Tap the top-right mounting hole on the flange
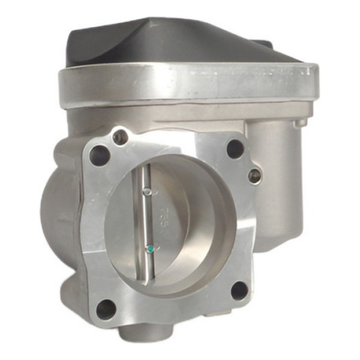coord(235,148)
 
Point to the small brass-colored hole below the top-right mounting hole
coord(254,175)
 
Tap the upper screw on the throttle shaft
coord(147,192)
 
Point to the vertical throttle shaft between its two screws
coord(148,219)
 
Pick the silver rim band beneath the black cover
coord(180,84)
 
